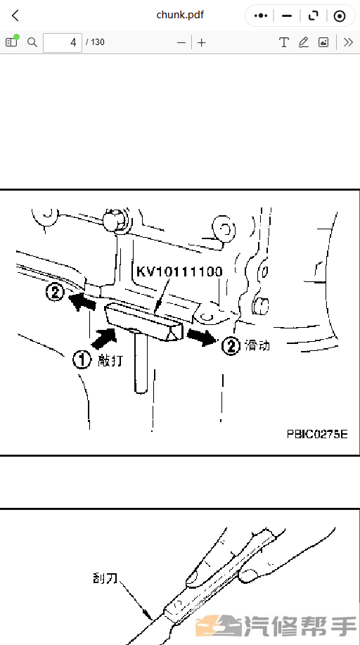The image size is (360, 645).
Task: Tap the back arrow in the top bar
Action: pos(15,16)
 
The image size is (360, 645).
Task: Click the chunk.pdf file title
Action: pos(180,15)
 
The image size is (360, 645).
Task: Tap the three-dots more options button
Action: pos(261,16)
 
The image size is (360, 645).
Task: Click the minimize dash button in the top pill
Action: pos(287,16)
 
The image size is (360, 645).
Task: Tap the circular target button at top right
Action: pos(340,16)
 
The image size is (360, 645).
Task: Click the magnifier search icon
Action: pos(32,42)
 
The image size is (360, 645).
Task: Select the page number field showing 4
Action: pos(63,42)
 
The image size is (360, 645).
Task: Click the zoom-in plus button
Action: pos(201,42)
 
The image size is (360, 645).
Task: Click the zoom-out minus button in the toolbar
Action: pos(181,42)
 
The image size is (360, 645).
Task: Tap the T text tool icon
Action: pos(283,42)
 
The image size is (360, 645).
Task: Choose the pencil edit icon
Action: pos(304,42)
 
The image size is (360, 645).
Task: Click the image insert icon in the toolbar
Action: pos(324,42)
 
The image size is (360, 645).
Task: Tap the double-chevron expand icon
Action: pos(348,42)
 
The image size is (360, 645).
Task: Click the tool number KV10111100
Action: pos(180,272)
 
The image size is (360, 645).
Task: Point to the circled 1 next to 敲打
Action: pos(82,360)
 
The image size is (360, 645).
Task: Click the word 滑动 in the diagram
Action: pos(257,345)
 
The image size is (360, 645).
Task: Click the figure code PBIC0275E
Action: pos(317,434)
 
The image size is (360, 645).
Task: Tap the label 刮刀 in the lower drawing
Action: pos(105,579)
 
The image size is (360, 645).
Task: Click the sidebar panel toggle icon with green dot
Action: pos(11,41)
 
